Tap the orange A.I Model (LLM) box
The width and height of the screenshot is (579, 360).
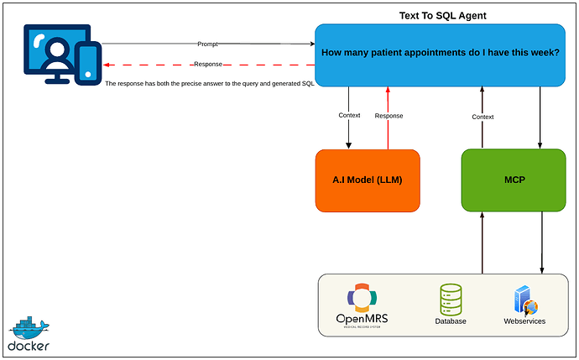click(x=368, y=180)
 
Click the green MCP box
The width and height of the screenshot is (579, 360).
click(x=514, y=180)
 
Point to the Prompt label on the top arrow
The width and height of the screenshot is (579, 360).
click(x=207, y=44)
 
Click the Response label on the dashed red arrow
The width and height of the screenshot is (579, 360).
click(x=207, y=65)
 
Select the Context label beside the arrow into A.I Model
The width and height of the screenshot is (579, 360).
click(x=349, y=116)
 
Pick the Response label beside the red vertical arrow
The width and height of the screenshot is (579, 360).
click(x=389, y=116)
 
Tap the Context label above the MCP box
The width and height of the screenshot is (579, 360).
click(x=482, y=117)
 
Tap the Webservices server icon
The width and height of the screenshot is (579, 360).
click(x=524, y=300)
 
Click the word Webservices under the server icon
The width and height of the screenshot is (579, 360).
click(x=524, y=321)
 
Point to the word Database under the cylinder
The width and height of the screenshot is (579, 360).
click(x=451, y=321)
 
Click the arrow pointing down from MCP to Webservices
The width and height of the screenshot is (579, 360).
click(x=542, y=243)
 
